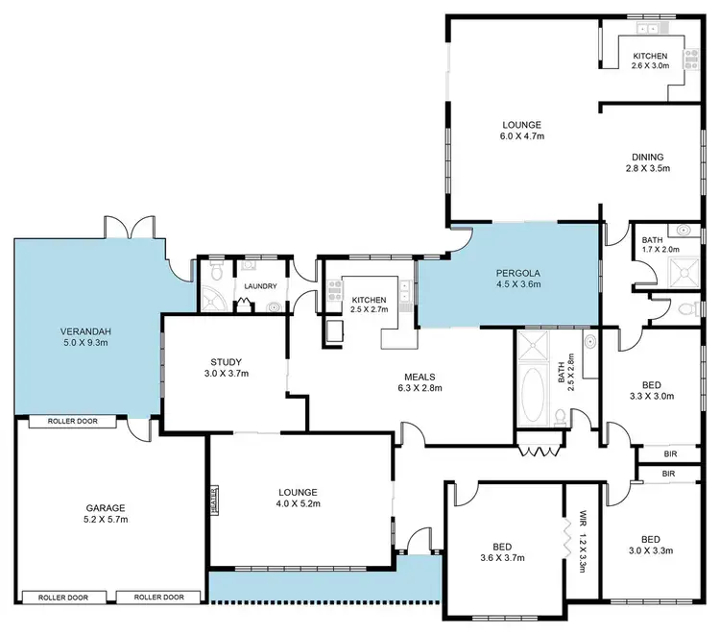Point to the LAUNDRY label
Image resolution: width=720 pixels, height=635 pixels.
260,286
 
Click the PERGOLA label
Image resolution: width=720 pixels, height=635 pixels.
517,272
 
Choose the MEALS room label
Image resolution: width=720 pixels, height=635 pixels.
415,378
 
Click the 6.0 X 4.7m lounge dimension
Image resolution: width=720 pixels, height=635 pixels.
521,136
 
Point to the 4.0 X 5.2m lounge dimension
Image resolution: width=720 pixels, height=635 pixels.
298,503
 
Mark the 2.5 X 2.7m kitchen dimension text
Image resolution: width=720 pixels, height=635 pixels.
369,309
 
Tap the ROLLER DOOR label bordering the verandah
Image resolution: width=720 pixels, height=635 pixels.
72,422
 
